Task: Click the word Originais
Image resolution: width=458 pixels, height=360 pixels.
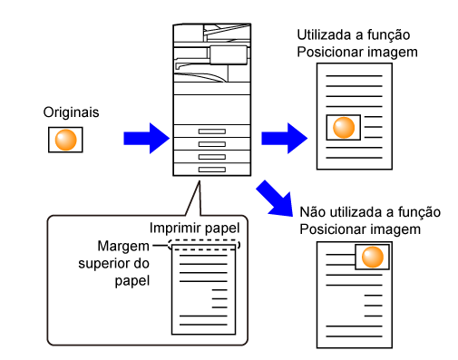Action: (71, 112)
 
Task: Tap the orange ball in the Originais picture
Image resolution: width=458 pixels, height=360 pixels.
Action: (65, 140)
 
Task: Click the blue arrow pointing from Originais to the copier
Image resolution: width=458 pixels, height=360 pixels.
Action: (147, 139)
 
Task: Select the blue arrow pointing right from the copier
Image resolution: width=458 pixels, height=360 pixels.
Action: (285, 139)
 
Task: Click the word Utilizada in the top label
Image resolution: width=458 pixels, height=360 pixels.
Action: (324, 35)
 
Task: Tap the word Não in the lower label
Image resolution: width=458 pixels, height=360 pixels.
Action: (313, 212)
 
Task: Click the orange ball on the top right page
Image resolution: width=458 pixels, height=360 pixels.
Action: (344, 128)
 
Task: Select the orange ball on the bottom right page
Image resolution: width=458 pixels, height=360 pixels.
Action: (373, 257)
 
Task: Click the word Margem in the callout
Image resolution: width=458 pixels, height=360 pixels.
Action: (123, 247)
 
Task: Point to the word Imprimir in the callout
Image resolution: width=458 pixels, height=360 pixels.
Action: (172, 228)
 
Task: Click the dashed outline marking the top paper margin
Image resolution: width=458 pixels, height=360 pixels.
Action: (204, 240)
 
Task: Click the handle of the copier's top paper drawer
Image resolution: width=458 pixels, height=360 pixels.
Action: (212, 131)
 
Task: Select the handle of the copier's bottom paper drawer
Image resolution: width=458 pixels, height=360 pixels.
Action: (212, 170)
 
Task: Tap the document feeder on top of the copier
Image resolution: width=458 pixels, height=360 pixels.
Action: (228, 33)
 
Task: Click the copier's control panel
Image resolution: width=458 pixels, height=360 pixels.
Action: (229, 55)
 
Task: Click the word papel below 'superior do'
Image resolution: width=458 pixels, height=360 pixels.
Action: (132, 281)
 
